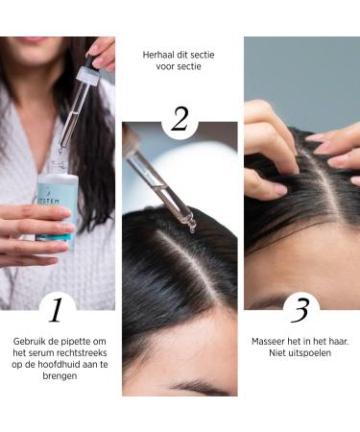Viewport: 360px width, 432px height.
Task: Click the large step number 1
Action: [x=56, y=310]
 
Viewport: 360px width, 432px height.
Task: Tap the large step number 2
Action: [x=180, y=119]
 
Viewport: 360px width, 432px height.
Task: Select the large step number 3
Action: [x=300, y=310]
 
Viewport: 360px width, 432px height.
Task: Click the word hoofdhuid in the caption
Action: [x=59, y=365]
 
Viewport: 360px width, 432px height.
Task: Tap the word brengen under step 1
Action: [x=60, y=376]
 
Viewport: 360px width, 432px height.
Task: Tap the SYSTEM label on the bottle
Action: [x=49, y=202]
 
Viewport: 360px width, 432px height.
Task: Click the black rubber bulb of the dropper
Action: [x=90, y=60]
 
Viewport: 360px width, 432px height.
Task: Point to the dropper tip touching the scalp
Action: [x=193, y=228]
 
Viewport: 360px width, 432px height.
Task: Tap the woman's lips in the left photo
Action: [x=31, y=39]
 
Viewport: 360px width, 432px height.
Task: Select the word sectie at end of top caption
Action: [x=203, y=55]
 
